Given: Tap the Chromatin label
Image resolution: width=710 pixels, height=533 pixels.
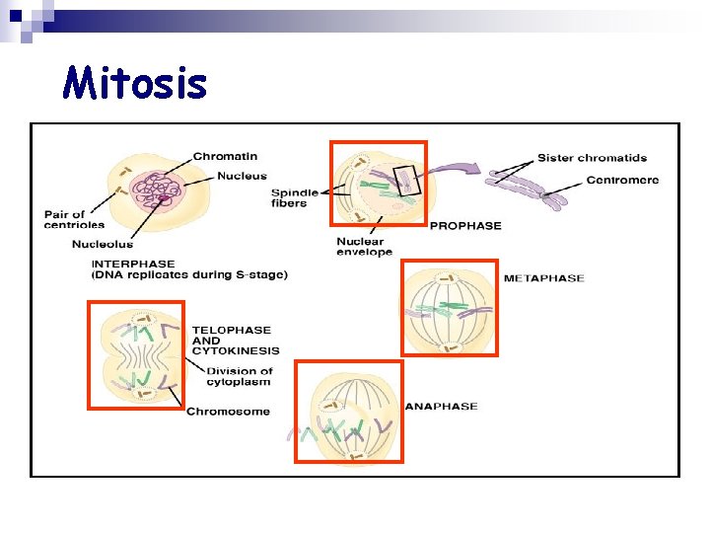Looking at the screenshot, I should click(226, 156).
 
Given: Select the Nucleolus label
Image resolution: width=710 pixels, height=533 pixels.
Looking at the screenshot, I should click(102, 244).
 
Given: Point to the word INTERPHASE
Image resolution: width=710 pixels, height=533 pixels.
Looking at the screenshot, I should click(133, 264).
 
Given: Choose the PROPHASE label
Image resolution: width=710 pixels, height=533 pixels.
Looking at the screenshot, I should click(465, 225).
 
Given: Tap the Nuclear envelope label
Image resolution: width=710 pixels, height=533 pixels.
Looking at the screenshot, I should click(364, 247).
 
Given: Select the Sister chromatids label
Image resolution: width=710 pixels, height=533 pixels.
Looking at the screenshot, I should click(592, 158).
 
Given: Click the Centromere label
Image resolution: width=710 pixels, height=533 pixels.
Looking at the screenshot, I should click(622, 180).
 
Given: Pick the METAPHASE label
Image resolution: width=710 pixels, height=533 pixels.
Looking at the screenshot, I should click(543, 278).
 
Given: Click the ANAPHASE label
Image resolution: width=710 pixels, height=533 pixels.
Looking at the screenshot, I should click(441, 406).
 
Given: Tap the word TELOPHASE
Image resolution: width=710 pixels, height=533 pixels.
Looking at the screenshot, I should click(231, 330).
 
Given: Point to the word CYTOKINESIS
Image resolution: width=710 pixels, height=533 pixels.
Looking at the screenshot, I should click(236, 350).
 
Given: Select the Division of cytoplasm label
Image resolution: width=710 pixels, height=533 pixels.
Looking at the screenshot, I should click(240, 376).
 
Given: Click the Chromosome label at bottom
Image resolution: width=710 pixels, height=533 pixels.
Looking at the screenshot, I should click(228, 411).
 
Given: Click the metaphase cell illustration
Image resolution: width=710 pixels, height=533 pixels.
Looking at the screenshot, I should click(449, 307).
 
